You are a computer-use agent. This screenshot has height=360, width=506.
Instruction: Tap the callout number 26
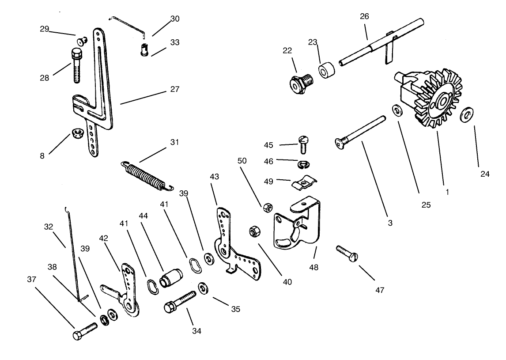[364, 16]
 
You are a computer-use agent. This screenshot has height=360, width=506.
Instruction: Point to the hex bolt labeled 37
[84, 332]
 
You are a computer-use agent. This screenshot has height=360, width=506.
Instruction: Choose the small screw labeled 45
[302, 144]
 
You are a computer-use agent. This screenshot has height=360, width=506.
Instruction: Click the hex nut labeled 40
[254, 231]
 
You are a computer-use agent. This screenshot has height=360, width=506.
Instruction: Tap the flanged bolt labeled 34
[180, 302]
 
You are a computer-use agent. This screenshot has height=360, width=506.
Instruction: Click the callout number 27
[174, 89]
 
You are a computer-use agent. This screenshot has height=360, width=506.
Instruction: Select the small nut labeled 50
[267, 206]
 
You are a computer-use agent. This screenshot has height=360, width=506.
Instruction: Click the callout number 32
[49, 227]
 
